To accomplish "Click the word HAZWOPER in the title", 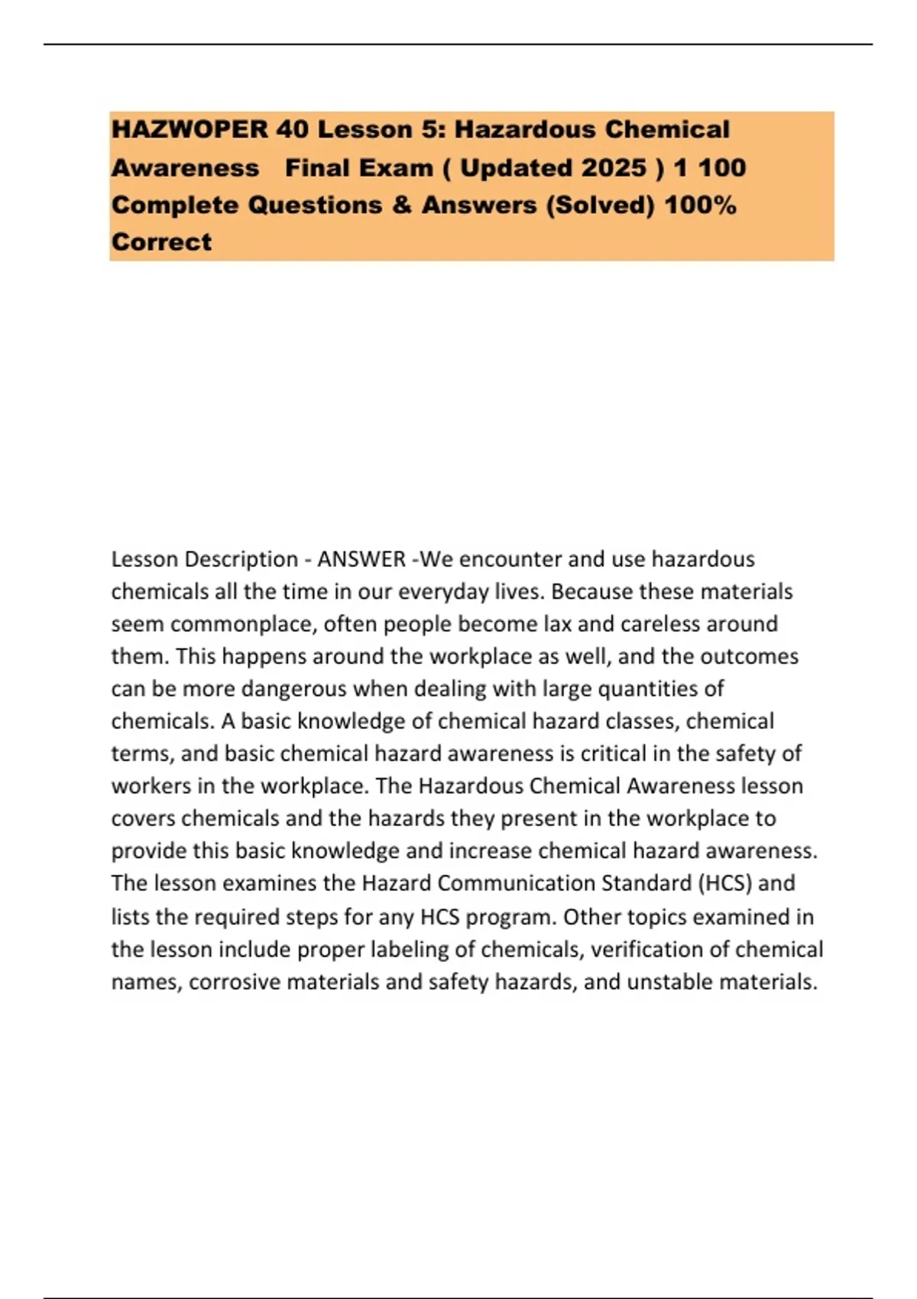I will pyautogui.click(x=190, y=130).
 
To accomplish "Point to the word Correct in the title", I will pyautogui.click(x=161, y=242).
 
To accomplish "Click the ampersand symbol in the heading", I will pyautogui.click(x=402, y=206).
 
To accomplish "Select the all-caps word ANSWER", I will pyautogui.click(x=361, y=559).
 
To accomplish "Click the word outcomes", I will pyautogui.click(x=749, y=656).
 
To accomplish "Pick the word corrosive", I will pyautogui.click(x=235, y=982).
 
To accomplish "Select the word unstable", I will pyautogui.click(x=670, y=982).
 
